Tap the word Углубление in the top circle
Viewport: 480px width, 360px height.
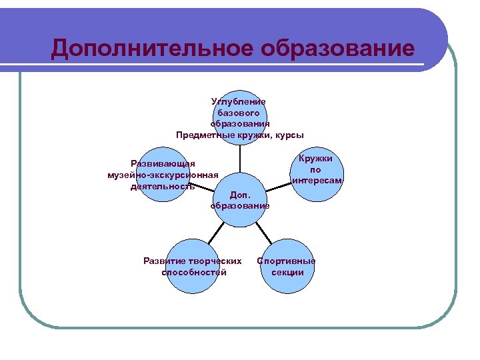pos(239,102)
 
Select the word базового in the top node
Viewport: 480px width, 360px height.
pos(239,113)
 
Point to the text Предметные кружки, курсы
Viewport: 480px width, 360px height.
pos(239,135)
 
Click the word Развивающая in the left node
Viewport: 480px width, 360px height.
pos(163,164)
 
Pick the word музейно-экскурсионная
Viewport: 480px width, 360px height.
pos(163,175)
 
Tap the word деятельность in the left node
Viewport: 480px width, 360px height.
pos(163,187)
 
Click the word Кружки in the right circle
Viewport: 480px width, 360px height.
pos(316,159)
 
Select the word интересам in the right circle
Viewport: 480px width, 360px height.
pos(317,181)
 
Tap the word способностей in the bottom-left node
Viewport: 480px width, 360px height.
pos(193,272)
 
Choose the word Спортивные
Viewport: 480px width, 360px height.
pos(287,261)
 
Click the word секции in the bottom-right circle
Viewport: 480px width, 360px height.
pos(287,272)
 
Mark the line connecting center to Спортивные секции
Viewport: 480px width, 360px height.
pos(263,231)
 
